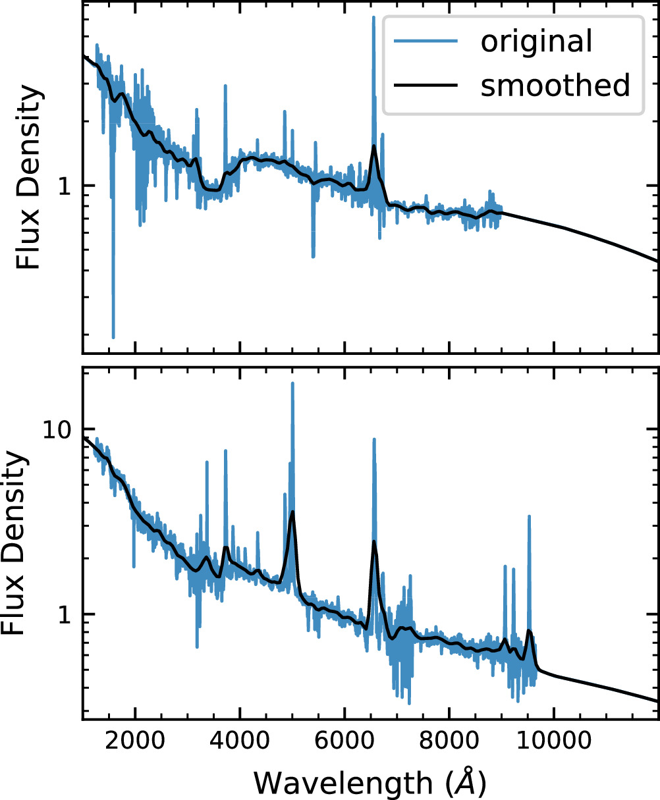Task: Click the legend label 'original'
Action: tap(536, 42)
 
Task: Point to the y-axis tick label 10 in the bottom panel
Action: tap(58, 429)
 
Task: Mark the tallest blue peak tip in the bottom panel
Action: tap(292, 383)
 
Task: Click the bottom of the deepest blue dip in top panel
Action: tap(113, 337)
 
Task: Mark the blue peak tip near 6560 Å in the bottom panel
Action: tap(374, 439)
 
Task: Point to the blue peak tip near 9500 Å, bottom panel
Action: tap(528, 516)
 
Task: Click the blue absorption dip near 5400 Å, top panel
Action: tap(313, 256)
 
